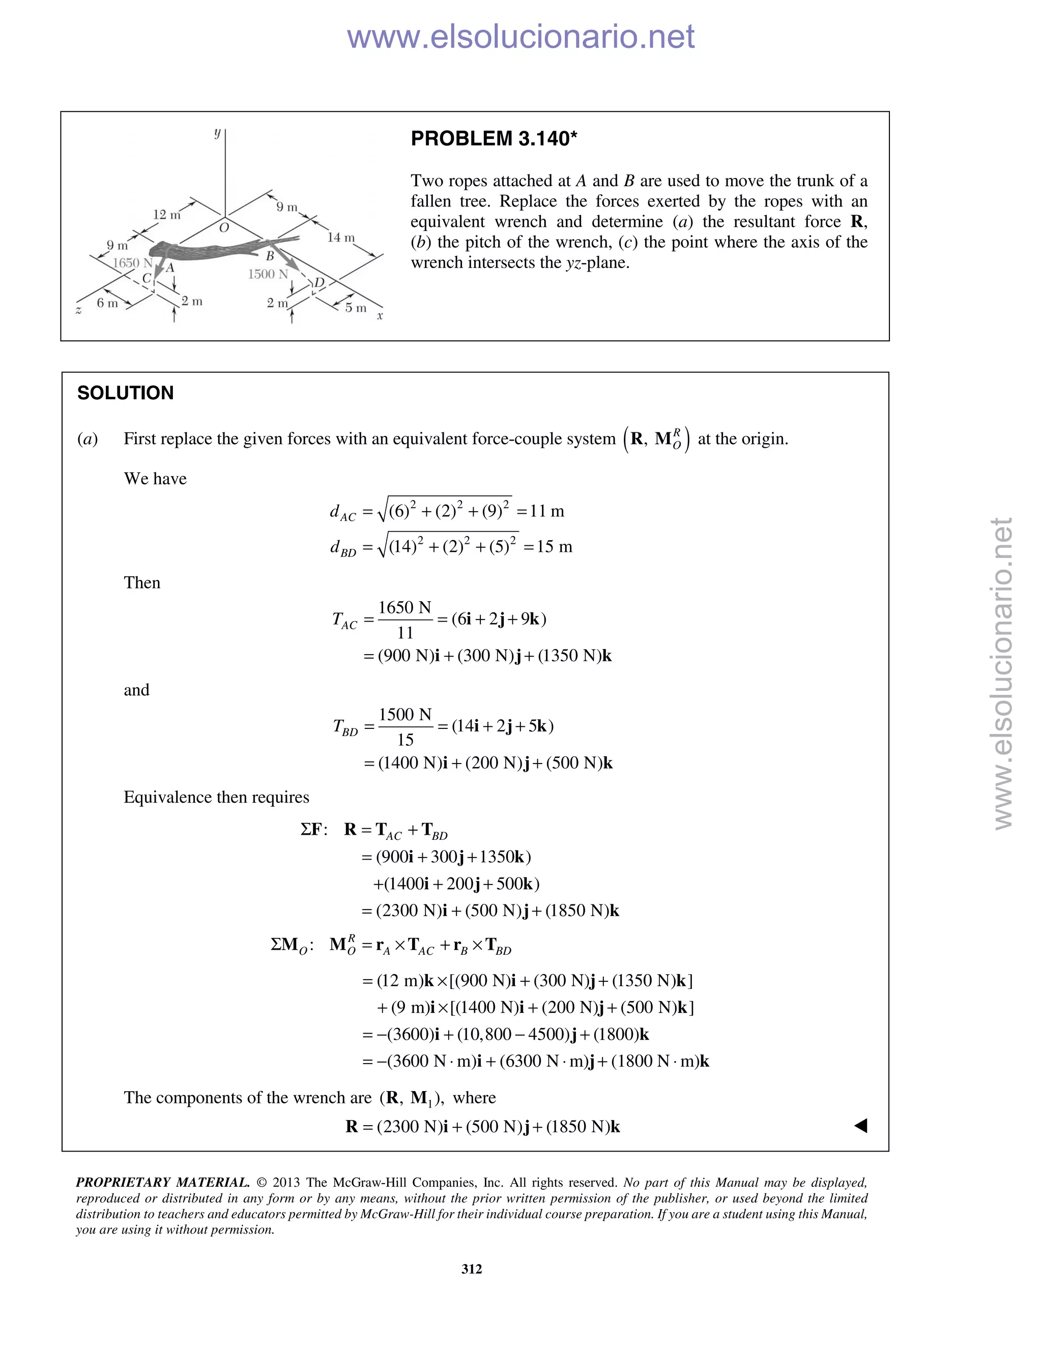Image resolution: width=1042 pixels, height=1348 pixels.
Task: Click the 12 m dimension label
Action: [167, 214]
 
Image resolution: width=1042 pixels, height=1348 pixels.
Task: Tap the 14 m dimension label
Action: [341, 237]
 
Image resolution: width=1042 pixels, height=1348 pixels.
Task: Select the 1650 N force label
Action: [132, 262]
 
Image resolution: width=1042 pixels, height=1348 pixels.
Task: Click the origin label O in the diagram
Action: [224, 228]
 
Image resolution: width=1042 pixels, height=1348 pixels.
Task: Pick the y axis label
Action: [217, 133]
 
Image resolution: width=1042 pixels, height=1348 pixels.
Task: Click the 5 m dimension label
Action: [356, 307]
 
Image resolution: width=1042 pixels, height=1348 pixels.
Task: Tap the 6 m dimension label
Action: [107, 303]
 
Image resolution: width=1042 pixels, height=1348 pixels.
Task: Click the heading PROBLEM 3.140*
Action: [494, 138]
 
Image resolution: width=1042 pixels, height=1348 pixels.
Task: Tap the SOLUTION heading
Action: [125, 393]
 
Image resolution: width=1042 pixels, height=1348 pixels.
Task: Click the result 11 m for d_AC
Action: [547, 511]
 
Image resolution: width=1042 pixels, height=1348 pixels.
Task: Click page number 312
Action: [472, 1269]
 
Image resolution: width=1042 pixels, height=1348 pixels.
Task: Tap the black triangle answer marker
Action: [860, 1126]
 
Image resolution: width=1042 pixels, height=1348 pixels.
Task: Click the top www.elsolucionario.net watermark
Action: [520, 37]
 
